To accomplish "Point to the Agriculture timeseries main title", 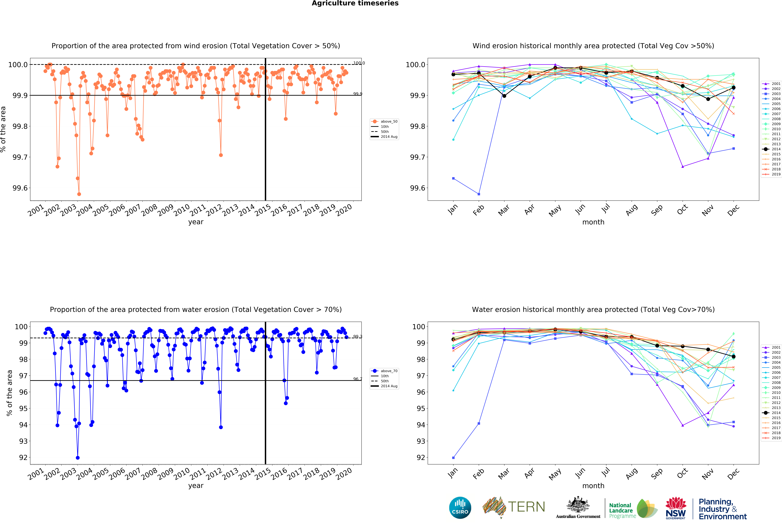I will click(355, 3).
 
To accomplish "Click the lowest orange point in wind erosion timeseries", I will click(79, 194).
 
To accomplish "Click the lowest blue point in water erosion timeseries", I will click(78, 458).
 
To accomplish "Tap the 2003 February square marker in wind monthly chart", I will click(479, 194).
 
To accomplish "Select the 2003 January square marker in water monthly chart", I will click(453, 458).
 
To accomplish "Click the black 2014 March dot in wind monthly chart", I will click(504, 96).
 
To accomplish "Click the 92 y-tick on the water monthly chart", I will click(421, 458).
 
